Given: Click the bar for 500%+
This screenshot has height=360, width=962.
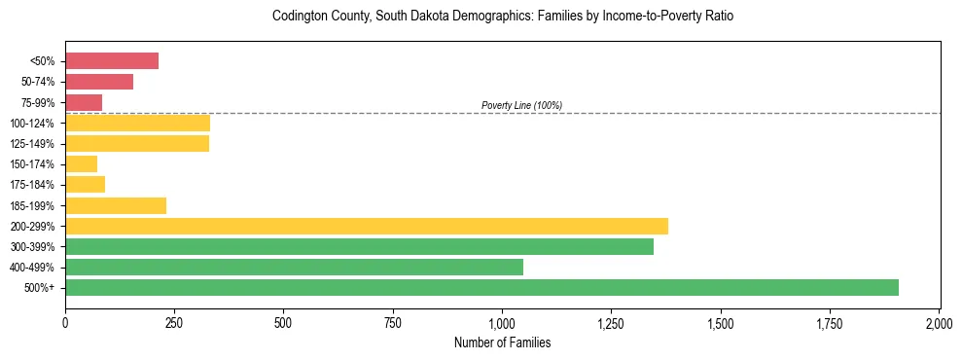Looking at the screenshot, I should point(481,288).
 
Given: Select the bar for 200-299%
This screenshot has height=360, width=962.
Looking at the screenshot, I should point(366,226).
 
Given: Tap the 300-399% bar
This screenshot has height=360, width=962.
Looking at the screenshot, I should point(359,246).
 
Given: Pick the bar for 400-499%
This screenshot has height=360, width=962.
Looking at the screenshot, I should point(294,268).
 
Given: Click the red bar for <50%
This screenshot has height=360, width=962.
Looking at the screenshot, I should point(112,61).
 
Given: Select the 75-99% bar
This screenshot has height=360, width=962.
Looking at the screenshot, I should point(84,102).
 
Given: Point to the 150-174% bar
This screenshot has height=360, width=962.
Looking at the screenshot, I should point(82,164).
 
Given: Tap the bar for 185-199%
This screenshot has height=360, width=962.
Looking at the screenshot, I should point(116,205).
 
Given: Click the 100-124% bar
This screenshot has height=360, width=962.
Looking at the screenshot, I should point(137,123).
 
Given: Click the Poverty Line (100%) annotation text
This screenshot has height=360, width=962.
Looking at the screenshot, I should point(521,105).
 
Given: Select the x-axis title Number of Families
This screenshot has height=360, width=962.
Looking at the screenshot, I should point(502,342).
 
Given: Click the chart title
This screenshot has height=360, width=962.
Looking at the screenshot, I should point(503,17).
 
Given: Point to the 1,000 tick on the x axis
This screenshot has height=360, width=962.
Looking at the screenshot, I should point(502,322).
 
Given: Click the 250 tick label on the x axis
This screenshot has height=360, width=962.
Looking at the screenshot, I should point(174,322).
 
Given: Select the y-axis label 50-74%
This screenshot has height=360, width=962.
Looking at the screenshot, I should point(39,82).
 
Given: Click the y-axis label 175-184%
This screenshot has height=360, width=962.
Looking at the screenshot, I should point(34,185).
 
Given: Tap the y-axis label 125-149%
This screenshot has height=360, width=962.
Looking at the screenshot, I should point(34,144).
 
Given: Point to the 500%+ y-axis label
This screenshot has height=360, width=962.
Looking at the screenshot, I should point(41,288).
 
